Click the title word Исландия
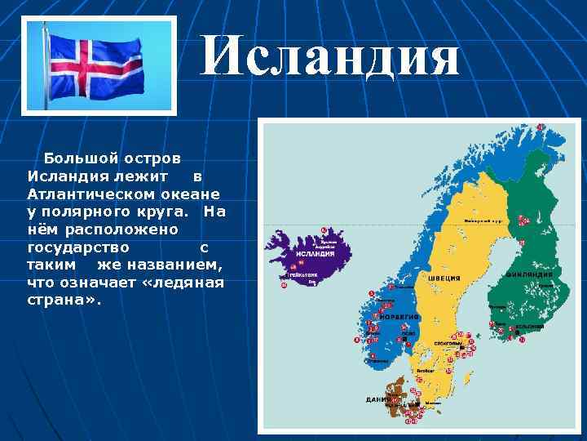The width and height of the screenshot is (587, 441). pos(330,58)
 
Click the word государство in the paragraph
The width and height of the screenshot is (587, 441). pos(77,247)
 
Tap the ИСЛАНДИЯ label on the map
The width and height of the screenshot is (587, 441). pos(314,254)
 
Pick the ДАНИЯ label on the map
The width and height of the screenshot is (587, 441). pos(376,399)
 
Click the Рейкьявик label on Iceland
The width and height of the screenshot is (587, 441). pos(303,277)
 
